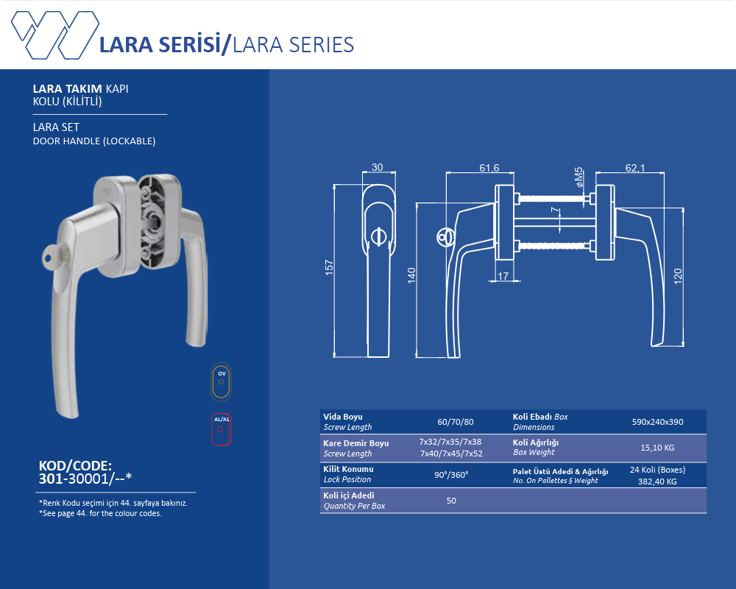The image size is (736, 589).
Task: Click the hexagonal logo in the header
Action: pos(55,35)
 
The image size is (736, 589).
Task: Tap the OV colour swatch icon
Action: pos(222,381)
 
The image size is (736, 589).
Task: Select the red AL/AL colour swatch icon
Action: pos(221,428)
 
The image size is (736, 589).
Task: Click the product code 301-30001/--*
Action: pos(85,479)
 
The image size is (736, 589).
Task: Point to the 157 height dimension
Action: pos(329,267)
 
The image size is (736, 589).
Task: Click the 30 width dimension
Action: pos(378,167)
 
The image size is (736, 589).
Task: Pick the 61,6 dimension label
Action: pos(489,168)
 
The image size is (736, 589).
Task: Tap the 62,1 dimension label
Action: pos(635,168)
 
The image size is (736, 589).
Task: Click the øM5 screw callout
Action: pos(579,177)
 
